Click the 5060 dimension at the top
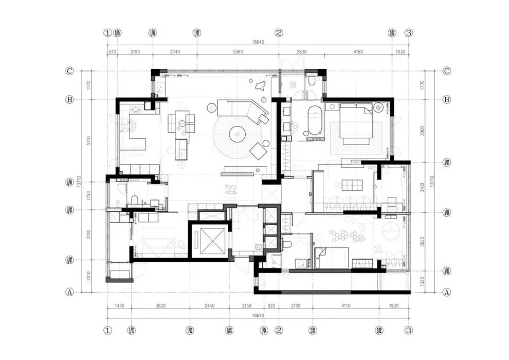(237, 52)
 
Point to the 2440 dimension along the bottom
(209, 305)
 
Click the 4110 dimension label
(346, 305)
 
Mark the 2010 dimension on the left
(88, 276)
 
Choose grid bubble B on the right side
(446, 99)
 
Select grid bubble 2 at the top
(279, 33)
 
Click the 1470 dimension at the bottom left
(119, 305)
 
